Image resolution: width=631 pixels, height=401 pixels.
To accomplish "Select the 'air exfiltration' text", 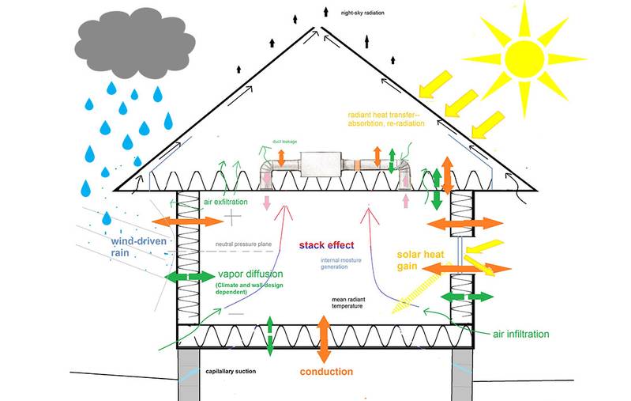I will click(x=226, y=202).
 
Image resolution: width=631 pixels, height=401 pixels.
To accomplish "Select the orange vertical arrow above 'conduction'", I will click(x=323, y=335).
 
